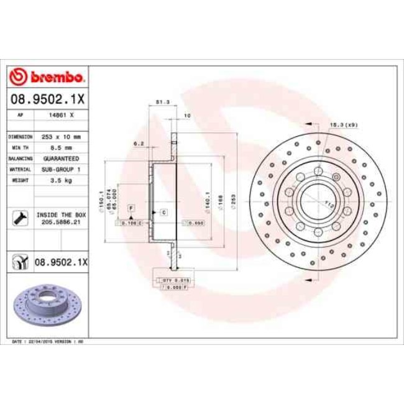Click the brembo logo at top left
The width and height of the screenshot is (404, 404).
(48, 77)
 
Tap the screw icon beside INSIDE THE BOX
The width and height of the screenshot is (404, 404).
(19, 218)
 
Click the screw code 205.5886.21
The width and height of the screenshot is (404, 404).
(62, 221)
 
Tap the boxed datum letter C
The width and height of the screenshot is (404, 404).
(163, 213)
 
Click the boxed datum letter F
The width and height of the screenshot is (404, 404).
(131, 206)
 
